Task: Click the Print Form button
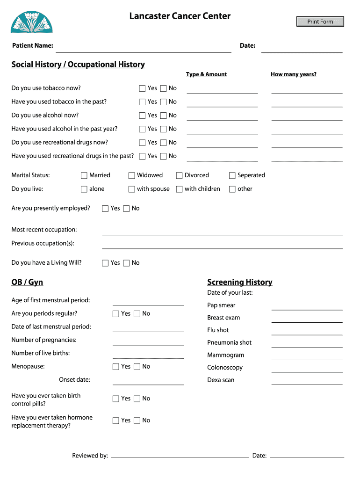[x=320, y=22]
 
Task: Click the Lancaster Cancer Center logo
[x=32, y=22]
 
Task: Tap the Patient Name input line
[x=143, y=48]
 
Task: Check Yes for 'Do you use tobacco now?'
[x=142, y=88]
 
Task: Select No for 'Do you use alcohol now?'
[x=163, y=116]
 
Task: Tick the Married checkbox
[x=84, y=175]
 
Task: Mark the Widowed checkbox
[x=132, y=175]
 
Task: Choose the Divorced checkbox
[x=179, y=175]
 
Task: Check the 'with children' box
[x=179, y=189]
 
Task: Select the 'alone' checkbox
[x=84, y=189]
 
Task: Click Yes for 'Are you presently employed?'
[x=105, y=209]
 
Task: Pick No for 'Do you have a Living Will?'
[x=126, y=263]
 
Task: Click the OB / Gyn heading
[x=27, y=282]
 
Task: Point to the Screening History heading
[x=239, y=282]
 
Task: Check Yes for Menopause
[x=116, y=367]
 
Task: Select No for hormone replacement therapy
[x=137, y=421]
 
